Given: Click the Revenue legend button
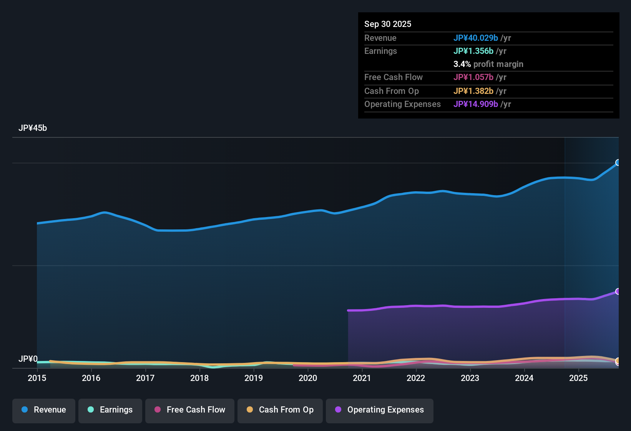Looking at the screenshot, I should click(x=44, y=410).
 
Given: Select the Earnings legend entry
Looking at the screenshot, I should click(x=110, y=410).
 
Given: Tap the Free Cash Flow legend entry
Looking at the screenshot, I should click(x=190, y=410).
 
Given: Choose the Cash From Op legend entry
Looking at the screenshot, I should click(x=280, y=410).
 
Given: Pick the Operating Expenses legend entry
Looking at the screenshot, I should click(x=380, y=410).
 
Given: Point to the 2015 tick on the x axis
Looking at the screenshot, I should click(x=37, y=378).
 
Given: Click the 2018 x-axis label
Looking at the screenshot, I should click(x=199, y=378).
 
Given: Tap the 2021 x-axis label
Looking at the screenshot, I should click(x=362, y=378).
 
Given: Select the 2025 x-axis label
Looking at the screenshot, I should click(x=578, y=378).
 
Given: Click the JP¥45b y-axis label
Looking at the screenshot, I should click(x=33, y=128).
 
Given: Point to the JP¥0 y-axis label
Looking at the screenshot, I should click(x=28, y=359).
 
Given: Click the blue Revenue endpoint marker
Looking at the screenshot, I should click(x=618, y=162).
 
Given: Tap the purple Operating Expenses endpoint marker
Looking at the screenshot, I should click(x=618, y=291).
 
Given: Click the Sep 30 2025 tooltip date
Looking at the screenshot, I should click(x=387, y=24).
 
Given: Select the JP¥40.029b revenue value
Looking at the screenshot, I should click(x=475, y=38).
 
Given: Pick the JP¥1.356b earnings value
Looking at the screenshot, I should click(x=473, y=51).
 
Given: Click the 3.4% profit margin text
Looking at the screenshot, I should click(x=488, y=64).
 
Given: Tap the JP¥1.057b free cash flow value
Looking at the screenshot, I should click(x=473, y=77).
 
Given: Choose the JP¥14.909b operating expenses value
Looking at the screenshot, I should click(x=475, y=104).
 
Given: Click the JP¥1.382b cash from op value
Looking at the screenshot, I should click(x=473, y=91).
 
